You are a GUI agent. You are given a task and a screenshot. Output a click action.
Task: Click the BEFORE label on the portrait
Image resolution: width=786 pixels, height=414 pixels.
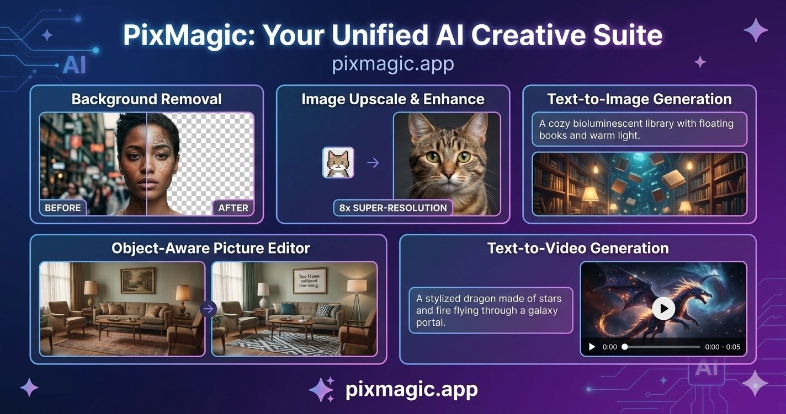click(63, 208)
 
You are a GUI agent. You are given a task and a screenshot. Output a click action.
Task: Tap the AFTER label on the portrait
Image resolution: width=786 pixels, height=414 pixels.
click(233, 208)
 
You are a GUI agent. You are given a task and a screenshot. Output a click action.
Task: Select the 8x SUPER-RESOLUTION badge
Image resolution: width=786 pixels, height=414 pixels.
click(392, 208)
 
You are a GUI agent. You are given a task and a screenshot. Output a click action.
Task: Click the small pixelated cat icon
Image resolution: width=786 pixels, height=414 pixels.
click(338, 163)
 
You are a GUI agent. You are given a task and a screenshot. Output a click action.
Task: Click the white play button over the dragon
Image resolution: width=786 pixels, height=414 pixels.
click(663, 308)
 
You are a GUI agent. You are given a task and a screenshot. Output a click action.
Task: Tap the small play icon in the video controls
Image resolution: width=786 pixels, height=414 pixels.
click(592, 347)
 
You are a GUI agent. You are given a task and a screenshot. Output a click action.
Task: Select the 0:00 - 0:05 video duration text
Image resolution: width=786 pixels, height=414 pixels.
click(723, 347)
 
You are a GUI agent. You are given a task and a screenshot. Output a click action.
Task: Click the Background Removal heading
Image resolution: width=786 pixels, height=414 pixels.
click(146, 99)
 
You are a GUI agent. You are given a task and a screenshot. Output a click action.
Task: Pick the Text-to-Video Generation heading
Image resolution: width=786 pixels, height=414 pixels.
click(578, 248)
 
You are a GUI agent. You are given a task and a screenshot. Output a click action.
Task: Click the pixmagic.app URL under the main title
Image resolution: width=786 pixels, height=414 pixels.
click(393, 64)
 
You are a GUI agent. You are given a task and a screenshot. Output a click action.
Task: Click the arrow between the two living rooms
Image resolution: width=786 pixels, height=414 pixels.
click(208, 309)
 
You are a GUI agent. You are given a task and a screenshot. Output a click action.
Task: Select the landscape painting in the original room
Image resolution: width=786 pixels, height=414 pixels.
click(137, 281)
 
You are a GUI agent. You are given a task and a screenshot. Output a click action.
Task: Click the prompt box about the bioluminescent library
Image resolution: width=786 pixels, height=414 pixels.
click(639, 129)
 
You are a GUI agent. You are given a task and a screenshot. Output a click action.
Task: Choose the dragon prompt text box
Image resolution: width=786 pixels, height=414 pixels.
click(491, 310)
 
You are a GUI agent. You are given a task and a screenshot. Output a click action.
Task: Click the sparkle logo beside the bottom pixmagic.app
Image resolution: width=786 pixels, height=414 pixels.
click(322, 389)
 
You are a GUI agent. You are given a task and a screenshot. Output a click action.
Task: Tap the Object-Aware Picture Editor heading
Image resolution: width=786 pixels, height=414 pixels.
click(210, 248)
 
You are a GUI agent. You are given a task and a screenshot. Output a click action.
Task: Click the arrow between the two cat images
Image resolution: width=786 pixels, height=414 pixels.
click(373, 163)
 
